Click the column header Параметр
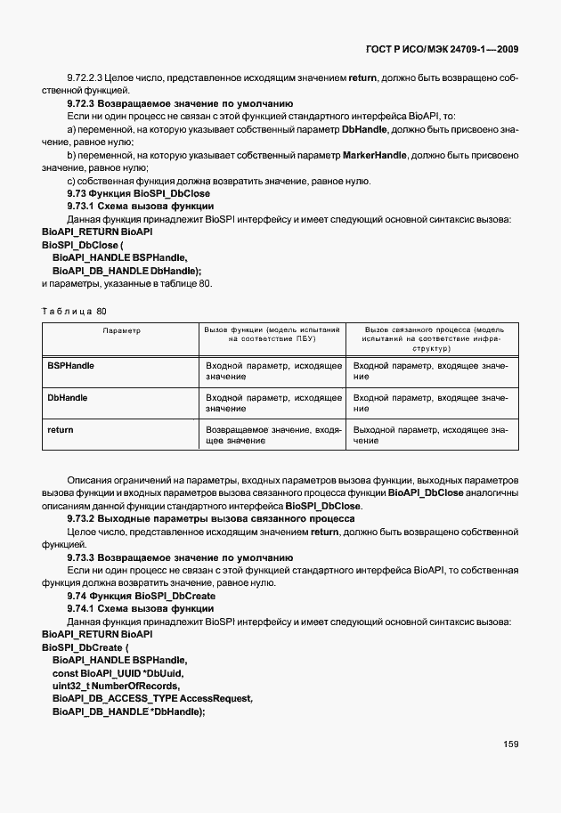point(121,330)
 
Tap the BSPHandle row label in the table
point(70,366)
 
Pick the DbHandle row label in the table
point(67,398)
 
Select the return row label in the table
point(60,430)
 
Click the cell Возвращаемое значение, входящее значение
point(273,435)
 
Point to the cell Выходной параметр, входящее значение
point(430,435)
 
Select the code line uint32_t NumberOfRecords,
point(117,686)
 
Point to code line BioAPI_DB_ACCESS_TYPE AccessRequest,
point(152,699)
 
